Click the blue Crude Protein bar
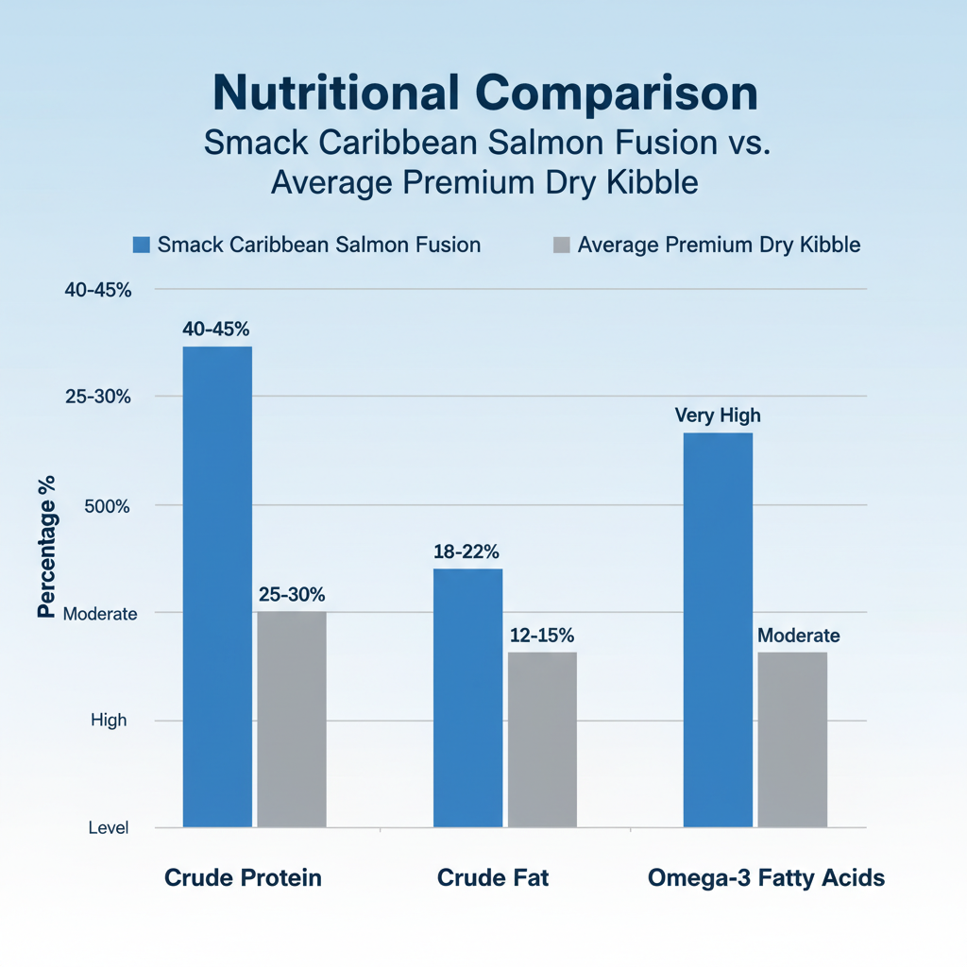(217, 585)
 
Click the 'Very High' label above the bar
(718, 416)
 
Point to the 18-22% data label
(467, 552)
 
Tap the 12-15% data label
(541, 636)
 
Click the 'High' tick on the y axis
(109, 721)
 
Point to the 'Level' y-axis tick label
(109, 828)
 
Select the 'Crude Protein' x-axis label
(243, 878)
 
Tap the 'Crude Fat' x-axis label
(493, 878)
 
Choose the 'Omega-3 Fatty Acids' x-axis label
(767, 878)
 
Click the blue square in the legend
(142, 246)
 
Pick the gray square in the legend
(561, 246)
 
